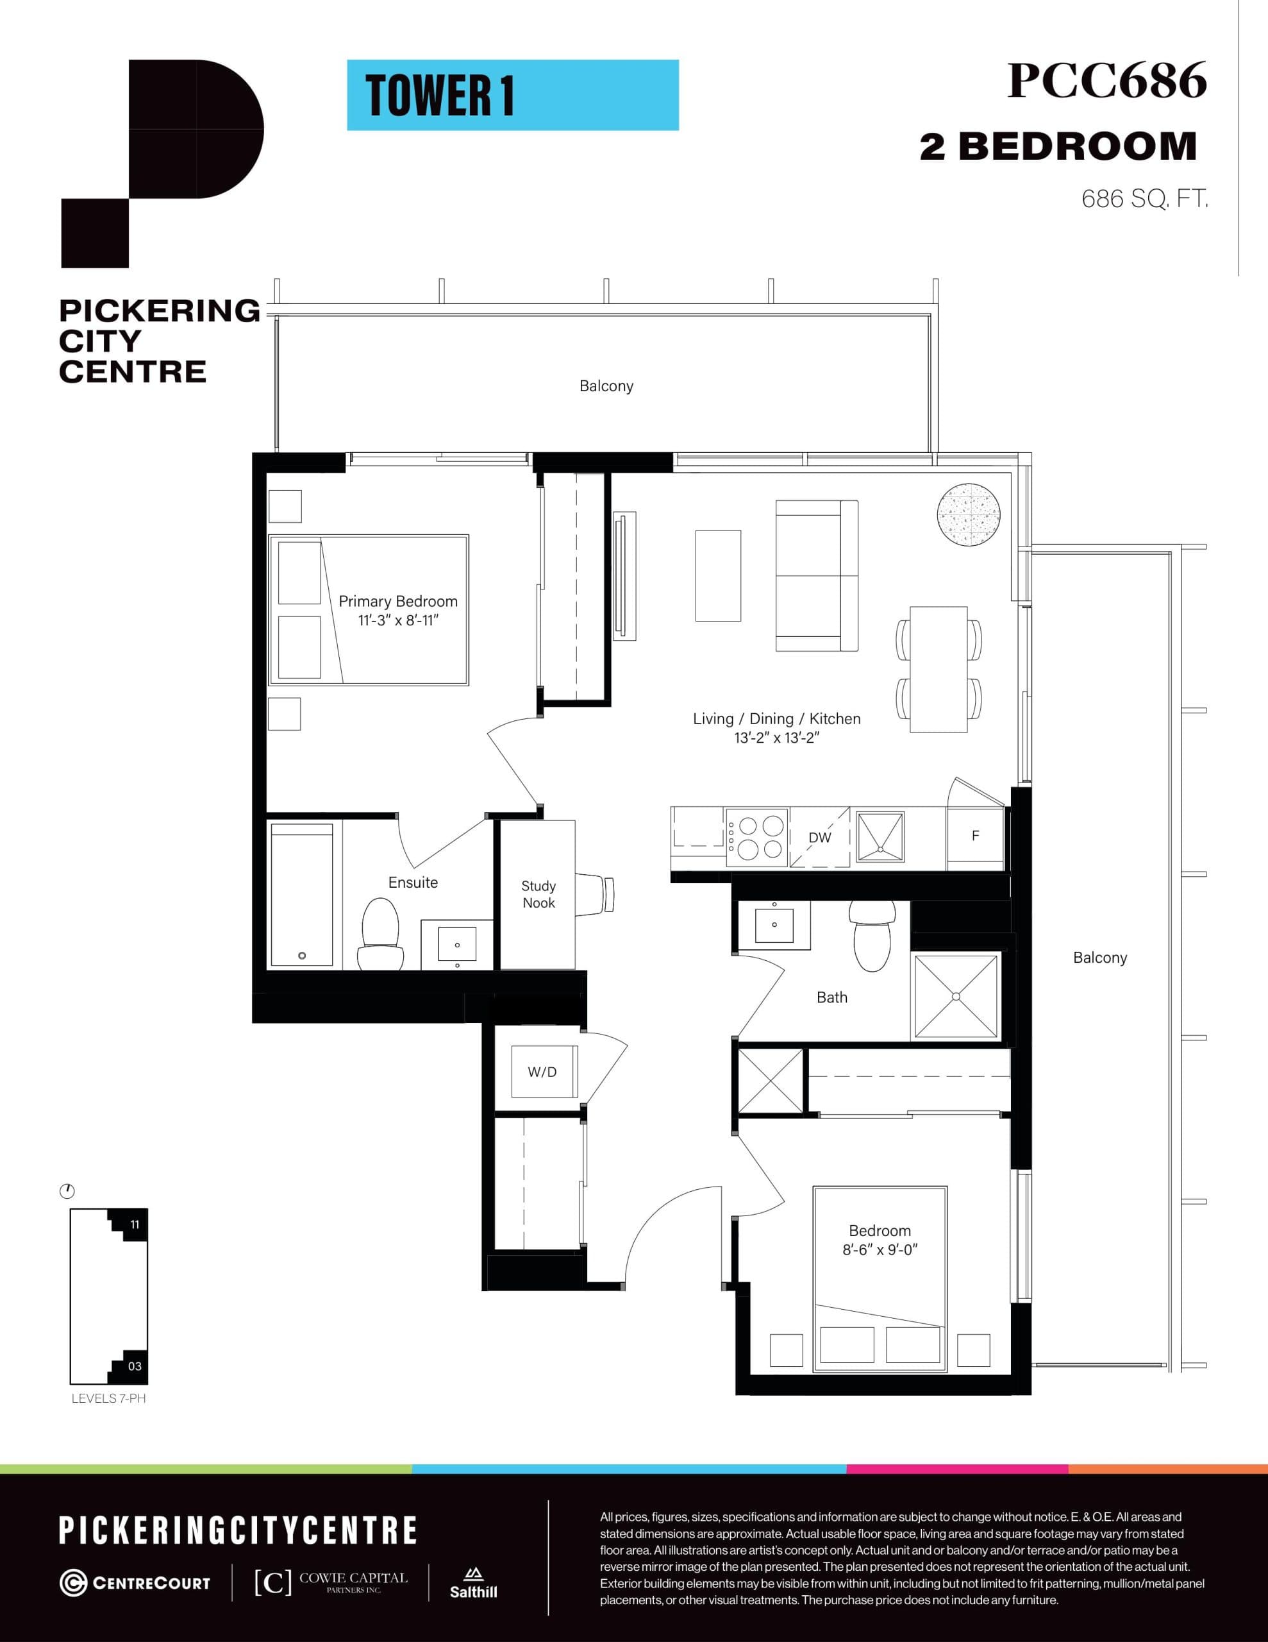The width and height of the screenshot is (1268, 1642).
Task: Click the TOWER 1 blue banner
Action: point(513,96)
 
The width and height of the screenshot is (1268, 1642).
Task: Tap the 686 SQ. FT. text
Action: point(1144,199)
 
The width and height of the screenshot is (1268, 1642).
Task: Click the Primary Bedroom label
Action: point(397,602)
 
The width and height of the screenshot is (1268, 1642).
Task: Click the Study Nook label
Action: point(538,894)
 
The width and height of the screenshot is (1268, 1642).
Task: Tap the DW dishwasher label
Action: point(819,838)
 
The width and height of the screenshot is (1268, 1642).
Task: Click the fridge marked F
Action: point(975,835)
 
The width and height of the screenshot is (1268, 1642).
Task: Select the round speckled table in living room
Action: point(968,515)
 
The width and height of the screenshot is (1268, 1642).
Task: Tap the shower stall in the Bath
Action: point(956,997)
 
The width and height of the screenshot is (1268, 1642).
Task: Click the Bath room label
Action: point(831,997)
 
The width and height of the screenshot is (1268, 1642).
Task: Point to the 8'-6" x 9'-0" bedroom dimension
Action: point(880,1249)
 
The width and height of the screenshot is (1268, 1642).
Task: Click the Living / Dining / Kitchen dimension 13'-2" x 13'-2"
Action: point(776,738)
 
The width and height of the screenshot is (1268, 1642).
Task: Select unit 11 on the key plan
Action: point(134,1224)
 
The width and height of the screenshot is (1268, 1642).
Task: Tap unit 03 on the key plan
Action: point(134,1366)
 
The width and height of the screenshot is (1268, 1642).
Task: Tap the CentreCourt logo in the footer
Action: point(135,1582)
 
